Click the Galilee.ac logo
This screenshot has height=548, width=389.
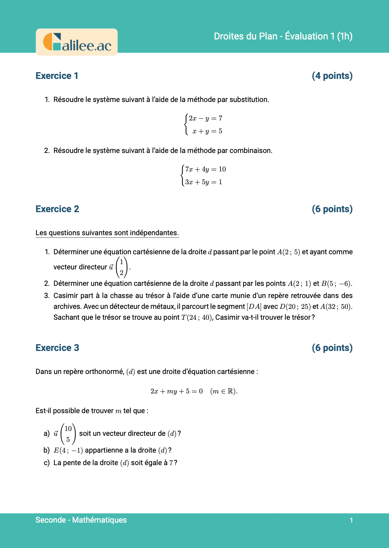tap(77, 42)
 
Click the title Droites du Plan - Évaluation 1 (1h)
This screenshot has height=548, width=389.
tap(283, 36)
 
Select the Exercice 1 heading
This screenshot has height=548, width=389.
tap(57, 76)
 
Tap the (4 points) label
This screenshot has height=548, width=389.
tap(332, 76)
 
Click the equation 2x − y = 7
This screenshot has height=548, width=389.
tap(205, 118)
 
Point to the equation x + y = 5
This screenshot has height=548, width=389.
tap(207, 131)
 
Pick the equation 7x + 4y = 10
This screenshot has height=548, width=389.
tap(205, 169)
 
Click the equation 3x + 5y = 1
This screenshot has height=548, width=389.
tap(203, 182)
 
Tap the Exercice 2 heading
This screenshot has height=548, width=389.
tap(57, 209)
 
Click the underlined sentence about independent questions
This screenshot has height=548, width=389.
tap(107, 233)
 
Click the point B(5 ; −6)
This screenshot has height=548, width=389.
tap(336, 284)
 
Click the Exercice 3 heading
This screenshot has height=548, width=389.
tap(57, 348)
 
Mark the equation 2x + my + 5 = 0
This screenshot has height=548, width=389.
tap(176, 391)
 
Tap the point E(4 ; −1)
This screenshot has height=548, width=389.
tap(68, 450)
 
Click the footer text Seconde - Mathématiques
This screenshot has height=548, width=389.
tap(81, 520)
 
